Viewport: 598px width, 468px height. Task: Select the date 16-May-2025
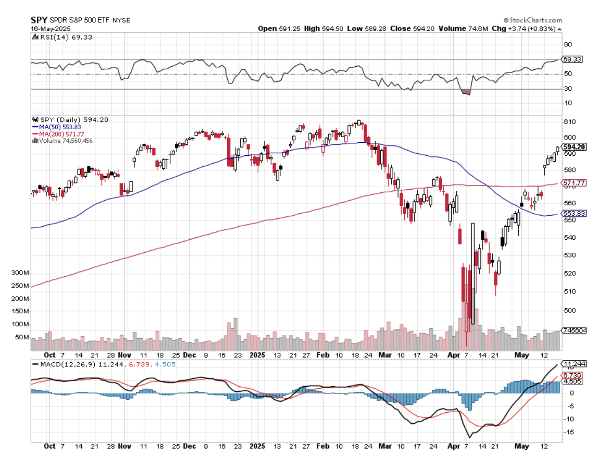tap(51, 29)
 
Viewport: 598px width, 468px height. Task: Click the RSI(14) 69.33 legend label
tap(55, 37)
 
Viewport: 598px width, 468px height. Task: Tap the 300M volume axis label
tap(20, 273)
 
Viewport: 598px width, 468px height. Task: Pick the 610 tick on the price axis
tap(569, 122)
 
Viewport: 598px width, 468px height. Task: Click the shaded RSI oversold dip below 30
tap(466, 92)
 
